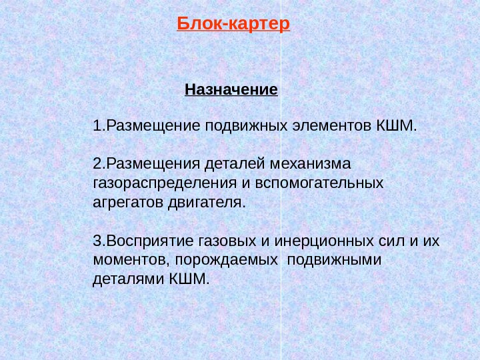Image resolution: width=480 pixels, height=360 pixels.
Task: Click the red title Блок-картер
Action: [x=234, y=25]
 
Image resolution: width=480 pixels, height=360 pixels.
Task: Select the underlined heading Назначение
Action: [x=231, y=89]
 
